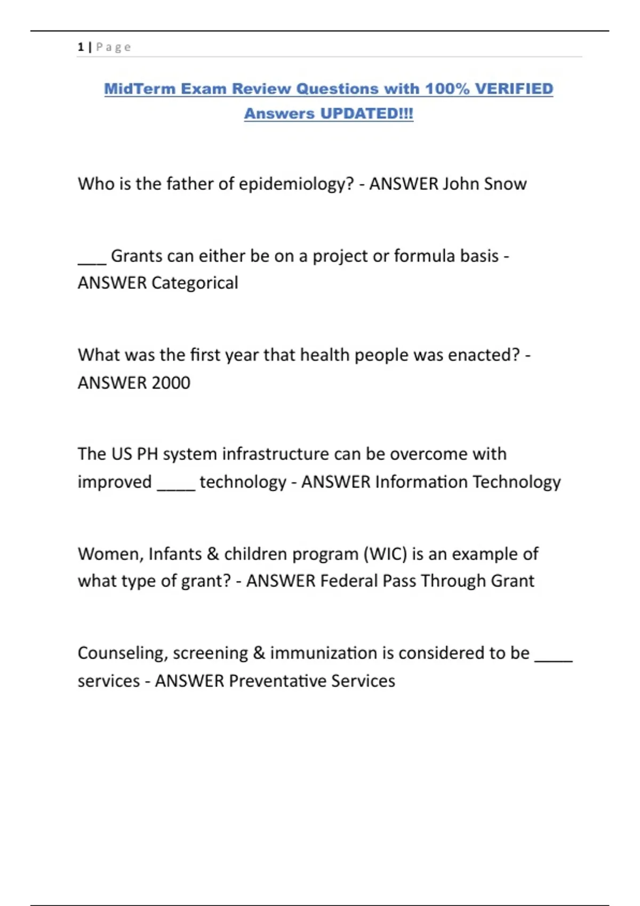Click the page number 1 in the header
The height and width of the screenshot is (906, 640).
(81, 47)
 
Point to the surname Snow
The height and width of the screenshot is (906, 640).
(505, 184)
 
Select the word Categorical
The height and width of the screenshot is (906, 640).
(195, 283)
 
